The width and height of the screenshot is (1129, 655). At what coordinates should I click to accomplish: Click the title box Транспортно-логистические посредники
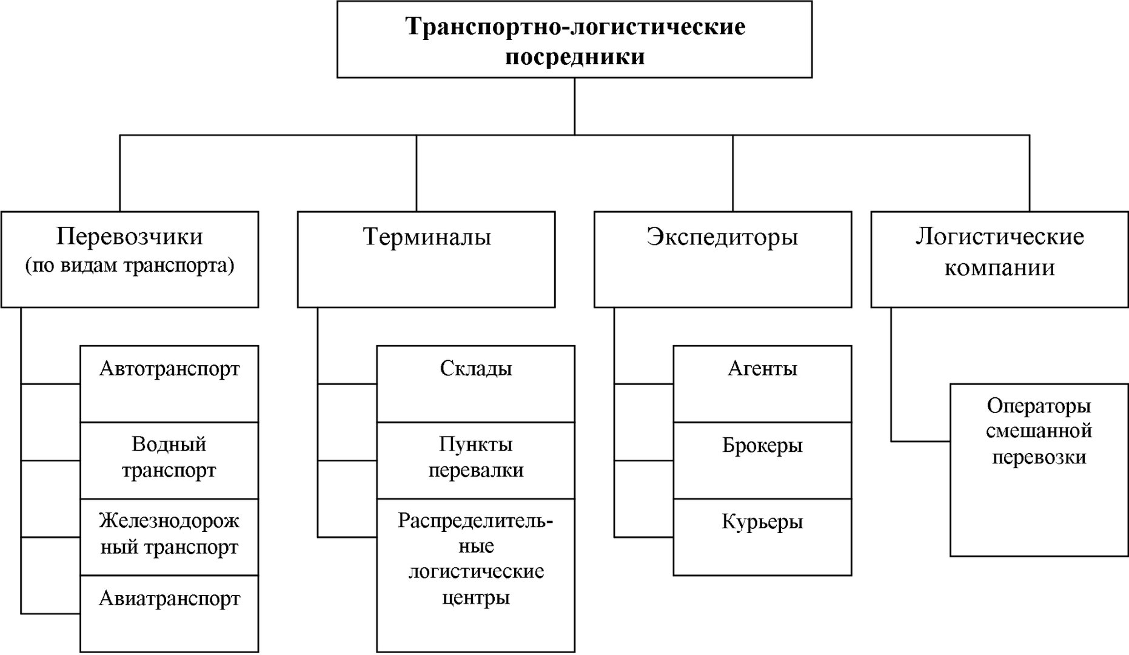tap(574, 39)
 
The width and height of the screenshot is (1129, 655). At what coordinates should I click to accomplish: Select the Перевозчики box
tap(130, 260)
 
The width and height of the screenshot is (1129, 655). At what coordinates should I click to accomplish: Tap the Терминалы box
tap(426, 260)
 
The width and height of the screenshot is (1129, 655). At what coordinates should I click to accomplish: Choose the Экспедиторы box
tap(723, 260)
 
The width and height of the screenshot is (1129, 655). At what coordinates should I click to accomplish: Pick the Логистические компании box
tap(1000, 260)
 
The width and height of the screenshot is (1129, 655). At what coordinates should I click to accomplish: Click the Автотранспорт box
tap(169, 384)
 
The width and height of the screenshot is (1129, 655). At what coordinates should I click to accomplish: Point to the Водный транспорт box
tap(169, 460)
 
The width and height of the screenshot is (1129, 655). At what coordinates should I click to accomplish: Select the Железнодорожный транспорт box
tap(169, 537)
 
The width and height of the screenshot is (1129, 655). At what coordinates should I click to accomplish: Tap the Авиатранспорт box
tap(169, 614)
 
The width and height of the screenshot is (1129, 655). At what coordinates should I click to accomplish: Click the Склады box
tap(476, 384)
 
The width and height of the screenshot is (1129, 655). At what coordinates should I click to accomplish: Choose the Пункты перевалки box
tap(476, 460)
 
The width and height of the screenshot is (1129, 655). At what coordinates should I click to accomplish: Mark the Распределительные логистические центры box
tap(476, 576)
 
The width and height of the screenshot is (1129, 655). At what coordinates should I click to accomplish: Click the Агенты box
tap(763, 384)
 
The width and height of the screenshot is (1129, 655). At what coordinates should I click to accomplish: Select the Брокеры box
tap(763, 460)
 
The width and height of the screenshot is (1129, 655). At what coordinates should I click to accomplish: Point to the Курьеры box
tap(763, 537)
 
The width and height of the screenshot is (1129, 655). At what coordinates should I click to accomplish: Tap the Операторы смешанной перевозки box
tap(1039, 470)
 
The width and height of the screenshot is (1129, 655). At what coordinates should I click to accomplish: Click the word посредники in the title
tap(575, 58)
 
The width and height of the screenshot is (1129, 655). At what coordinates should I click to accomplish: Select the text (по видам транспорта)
tap(130, 266)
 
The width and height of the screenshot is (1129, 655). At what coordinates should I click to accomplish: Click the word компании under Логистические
tap(1000, 267)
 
